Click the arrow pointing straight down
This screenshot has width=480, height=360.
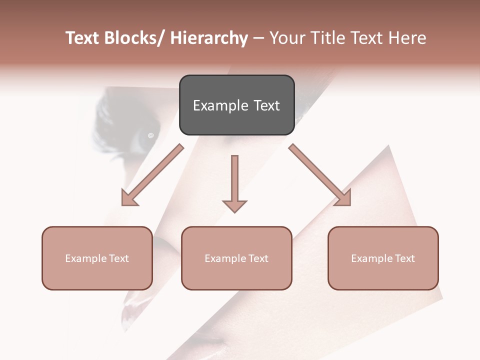pos(234,182)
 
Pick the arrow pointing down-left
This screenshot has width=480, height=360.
pos(152,175)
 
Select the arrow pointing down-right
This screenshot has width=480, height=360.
pos(320,175)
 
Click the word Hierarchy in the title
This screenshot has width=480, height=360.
pos(208,38)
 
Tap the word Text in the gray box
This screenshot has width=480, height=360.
pos(266,105)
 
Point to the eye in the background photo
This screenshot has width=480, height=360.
pos(149,135)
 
